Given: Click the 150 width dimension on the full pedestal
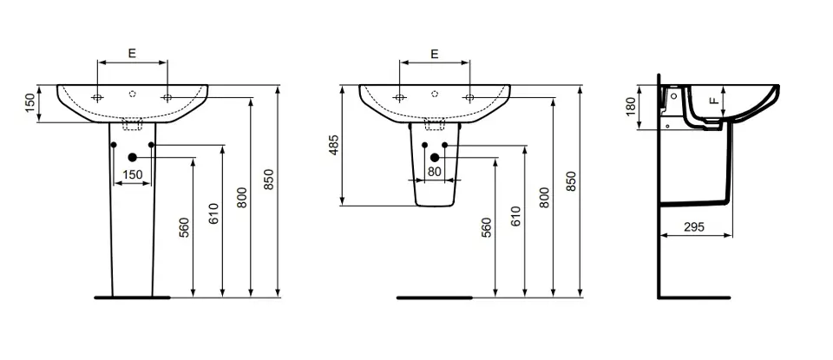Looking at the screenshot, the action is [x=132, y=174].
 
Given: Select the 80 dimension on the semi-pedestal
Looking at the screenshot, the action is [x=435, y=172].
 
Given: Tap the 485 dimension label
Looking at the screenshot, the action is [x=333, y=145].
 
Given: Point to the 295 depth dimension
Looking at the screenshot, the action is [x=694, y=226].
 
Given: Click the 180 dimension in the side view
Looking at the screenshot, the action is [x=631, y=106].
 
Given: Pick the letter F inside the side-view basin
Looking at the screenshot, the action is [x=714, y=100].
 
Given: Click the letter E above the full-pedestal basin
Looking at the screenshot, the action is [x=132, y=53].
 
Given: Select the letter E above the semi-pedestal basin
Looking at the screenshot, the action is [x=435, y=53].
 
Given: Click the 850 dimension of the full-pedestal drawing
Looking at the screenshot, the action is [x=269, y=180].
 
